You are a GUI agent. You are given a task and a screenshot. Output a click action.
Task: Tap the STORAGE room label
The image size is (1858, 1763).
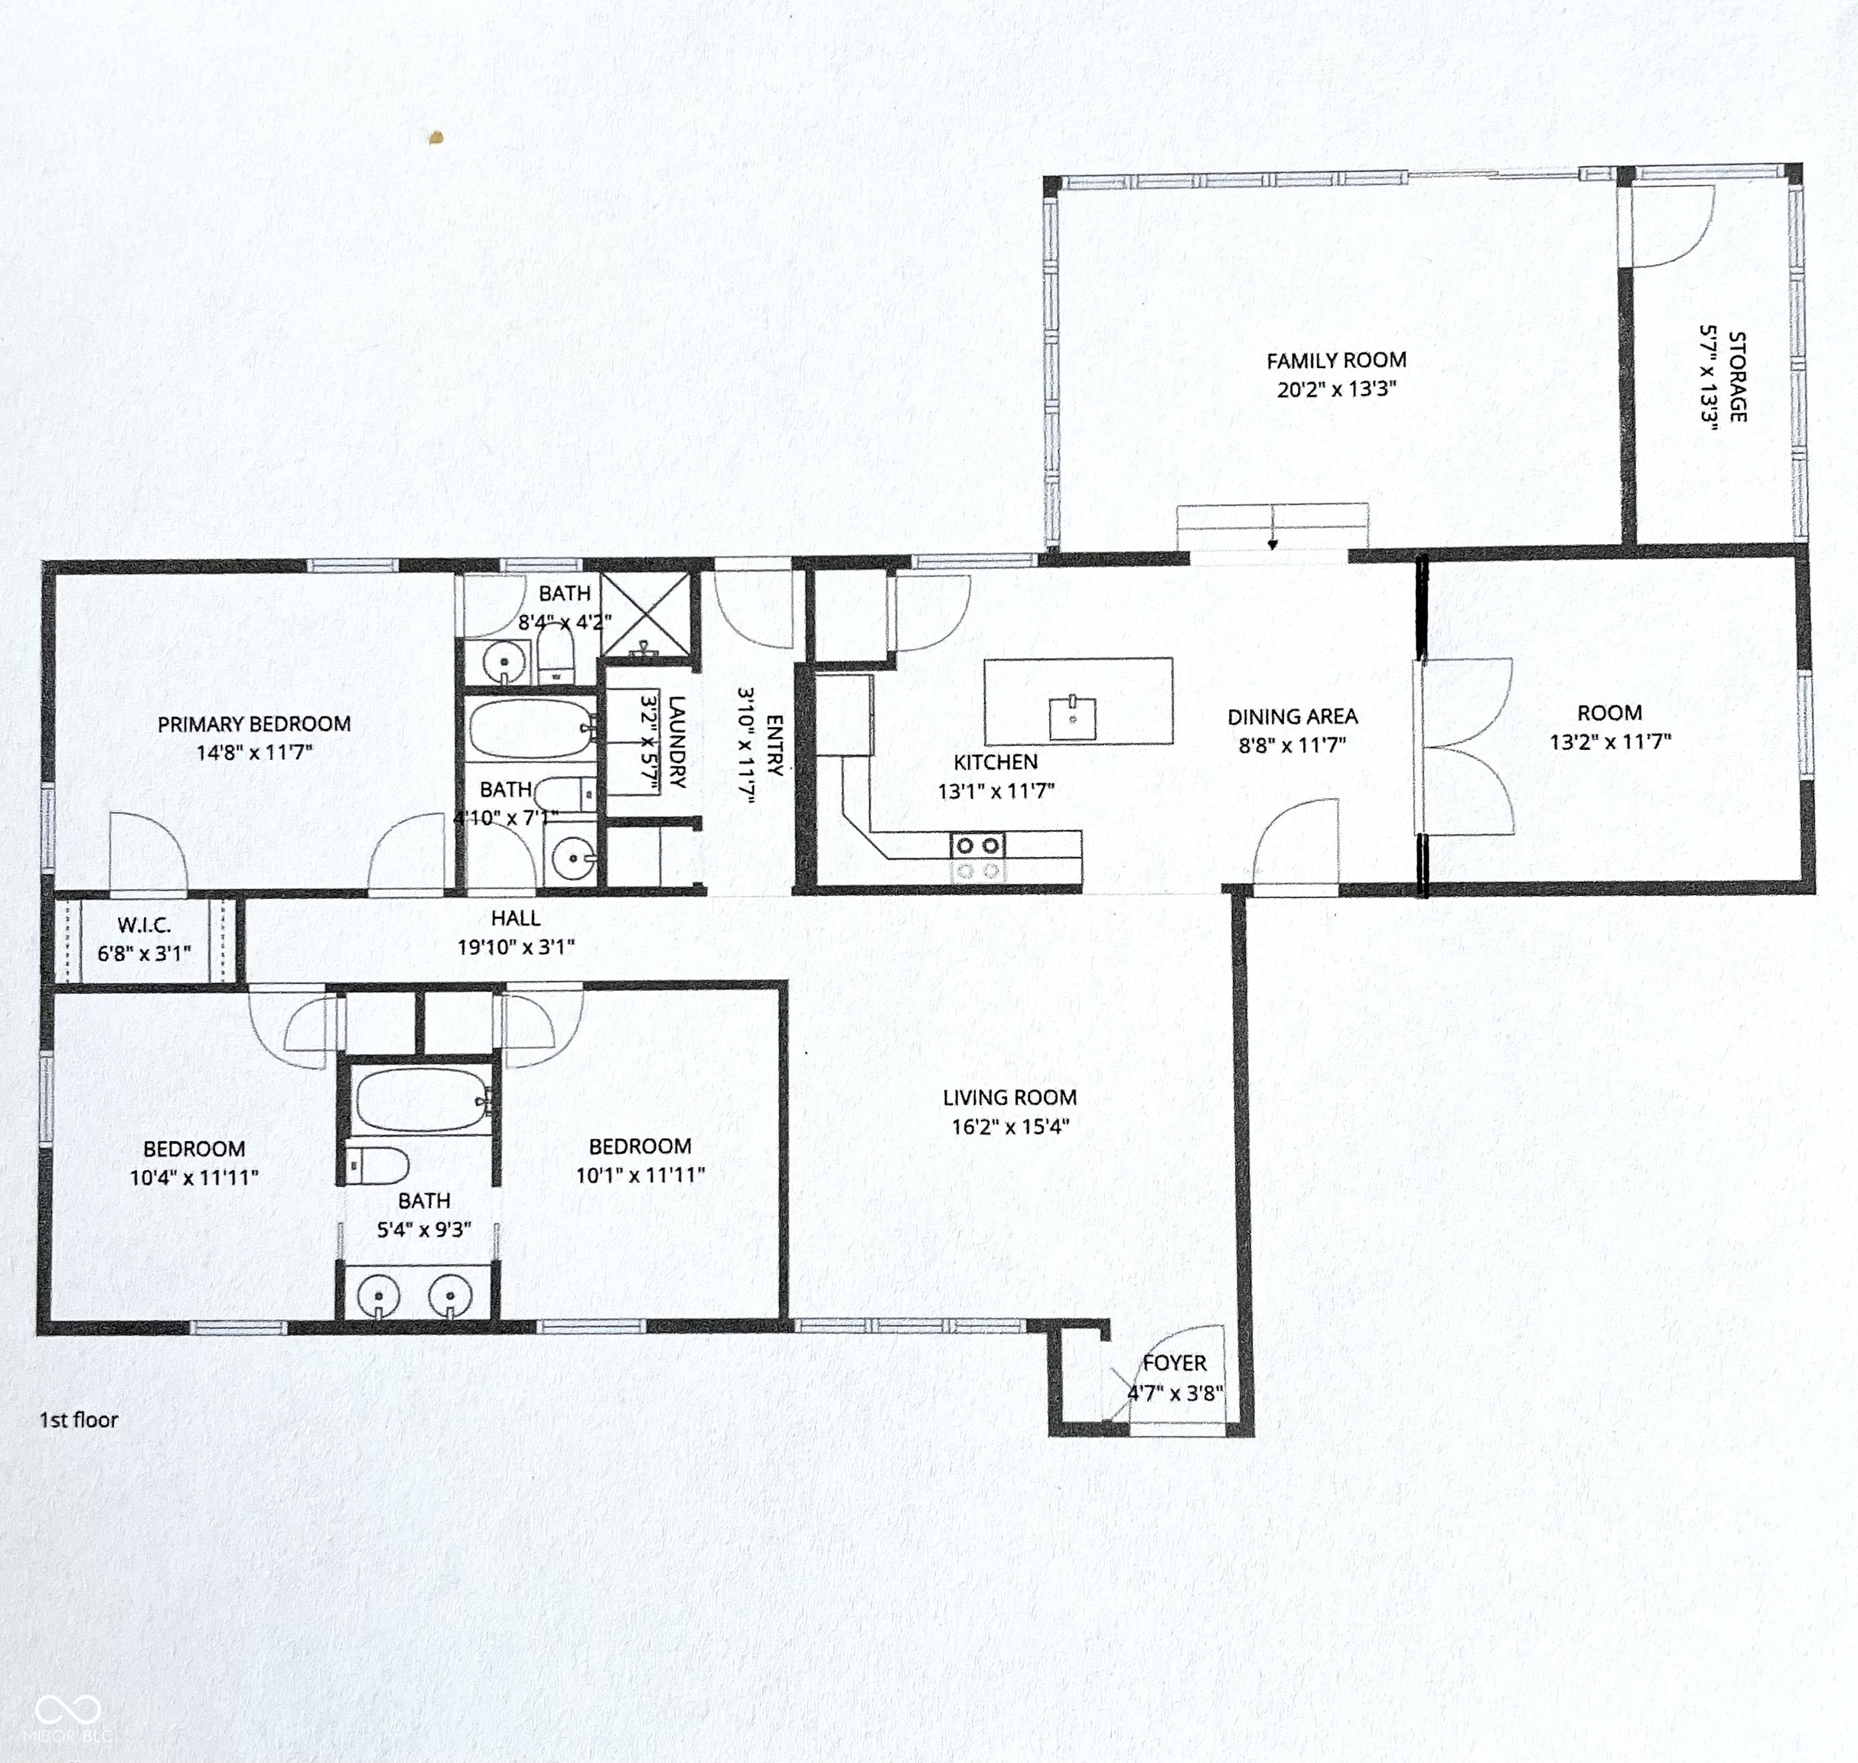pyautogui.click(x=1737, y=376)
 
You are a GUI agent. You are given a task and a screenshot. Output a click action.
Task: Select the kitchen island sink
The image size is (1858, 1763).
pyautogui.click(x=1072, y=718)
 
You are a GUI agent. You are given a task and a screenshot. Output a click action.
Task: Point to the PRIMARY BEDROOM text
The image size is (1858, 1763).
pyautogui.click(x=254, y=724)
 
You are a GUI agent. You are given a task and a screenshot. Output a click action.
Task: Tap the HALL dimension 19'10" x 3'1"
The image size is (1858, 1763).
pyautogui.click(x=515, y=947)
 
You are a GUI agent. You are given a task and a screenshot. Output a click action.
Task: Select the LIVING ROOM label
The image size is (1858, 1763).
pyautogui.click(x=1009, y=1097)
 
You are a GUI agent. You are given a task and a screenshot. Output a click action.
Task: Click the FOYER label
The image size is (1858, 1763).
pyautogui.click(x=1174, y=1363)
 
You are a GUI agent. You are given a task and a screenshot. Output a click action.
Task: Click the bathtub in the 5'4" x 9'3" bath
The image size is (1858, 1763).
pyautogui.click(x=422, y=1100)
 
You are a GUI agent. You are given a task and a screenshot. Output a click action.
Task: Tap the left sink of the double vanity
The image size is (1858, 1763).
pyautogui.click(x=379, y=1297)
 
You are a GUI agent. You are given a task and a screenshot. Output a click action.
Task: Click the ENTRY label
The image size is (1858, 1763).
pyautogui.click(x=774, y=745)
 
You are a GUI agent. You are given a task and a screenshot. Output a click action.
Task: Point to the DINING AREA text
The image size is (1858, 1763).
pyautogui.click(x=1292, y=716)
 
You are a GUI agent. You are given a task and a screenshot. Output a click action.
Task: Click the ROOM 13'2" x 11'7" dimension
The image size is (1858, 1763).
pyautogui.click(x=1610, y=741)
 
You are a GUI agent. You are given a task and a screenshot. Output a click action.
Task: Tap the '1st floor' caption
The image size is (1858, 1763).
pyautogui.click(x=79, y=1419)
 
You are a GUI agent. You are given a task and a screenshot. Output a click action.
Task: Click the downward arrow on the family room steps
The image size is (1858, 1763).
pyautogui.click(x=1272, y=543)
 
